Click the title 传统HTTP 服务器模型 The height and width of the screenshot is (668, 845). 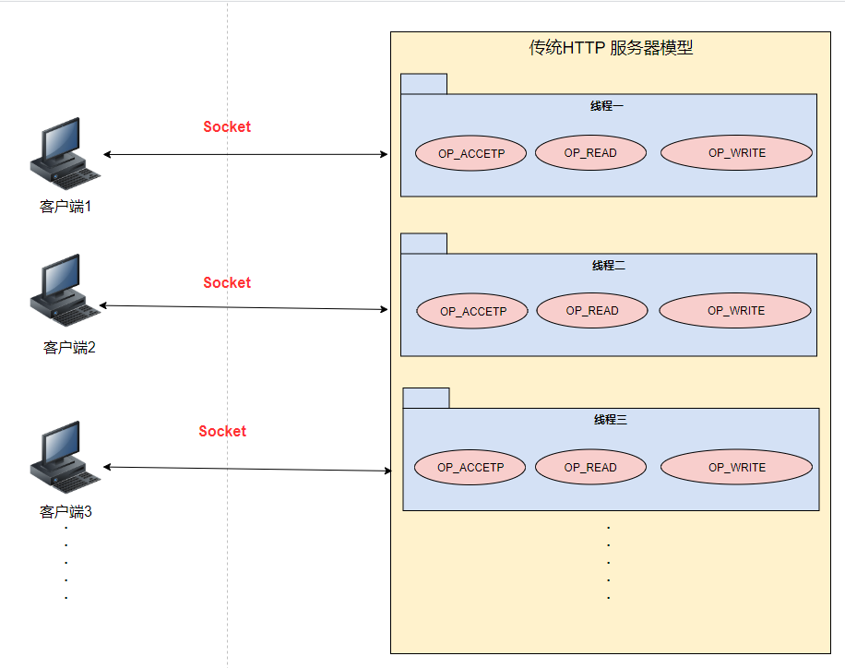(x=610, y=48)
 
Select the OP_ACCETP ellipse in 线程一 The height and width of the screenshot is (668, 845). (x=470, y=153)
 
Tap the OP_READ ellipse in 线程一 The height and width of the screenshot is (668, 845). (x=590, y=153)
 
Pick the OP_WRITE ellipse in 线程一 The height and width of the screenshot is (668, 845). (x=736, y=153)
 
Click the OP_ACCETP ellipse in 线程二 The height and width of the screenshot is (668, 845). (x=472, y=311)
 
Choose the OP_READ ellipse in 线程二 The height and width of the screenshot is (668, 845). (x=591, y=311)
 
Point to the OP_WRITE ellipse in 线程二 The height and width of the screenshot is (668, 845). (x=735, y=311)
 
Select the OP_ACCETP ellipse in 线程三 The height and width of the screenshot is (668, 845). (x=470, y=468)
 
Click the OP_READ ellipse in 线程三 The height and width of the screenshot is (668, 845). (x=590, y=468)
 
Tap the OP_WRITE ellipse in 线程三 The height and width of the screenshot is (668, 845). (x=736, y=468)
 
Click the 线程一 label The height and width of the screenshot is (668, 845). (x=607, y=106)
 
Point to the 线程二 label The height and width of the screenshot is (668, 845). (x=608, y=266)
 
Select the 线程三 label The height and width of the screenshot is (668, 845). (x=610, y=420)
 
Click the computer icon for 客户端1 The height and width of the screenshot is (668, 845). (x=65, y=153)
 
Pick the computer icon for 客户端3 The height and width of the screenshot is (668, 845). (x=65, y=457)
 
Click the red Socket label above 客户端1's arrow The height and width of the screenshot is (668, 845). (x=227, y=127)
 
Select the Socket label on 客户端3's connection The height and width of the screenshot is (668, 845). (x=222, y=432)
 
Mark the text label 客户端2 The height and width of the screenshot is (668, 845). (x=69, y=348)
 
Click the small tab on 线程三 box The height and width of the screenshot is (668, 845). (x=426, y=398)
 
